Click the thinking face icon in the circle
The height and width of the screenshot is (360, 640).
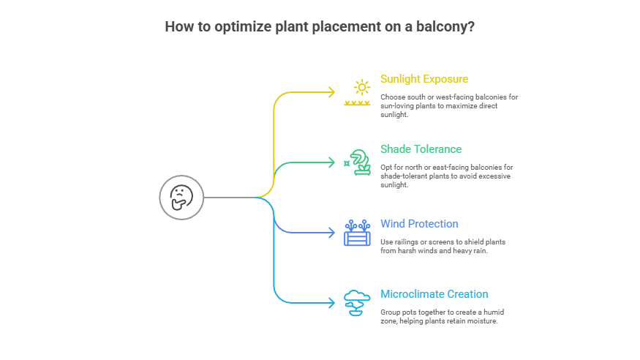tap(181, 197)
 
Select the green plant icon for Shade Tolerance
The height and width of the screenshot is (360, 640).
tap(358, 162)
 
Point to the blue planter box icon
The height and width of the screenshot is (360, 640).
tap(357, 233)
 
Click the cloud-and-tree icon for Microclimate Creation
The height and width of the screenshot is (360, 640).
tap(357, 302)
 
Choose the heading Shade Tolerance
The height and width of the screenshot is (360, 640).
tap(421, 149)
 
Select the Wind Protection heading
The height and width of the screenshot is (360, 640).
tap(419, 224)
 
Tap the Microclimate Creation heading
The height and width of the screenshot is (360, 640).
tap(434, 294)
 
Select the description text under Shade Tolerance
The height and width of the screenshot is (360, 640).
tap(445, 176)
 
